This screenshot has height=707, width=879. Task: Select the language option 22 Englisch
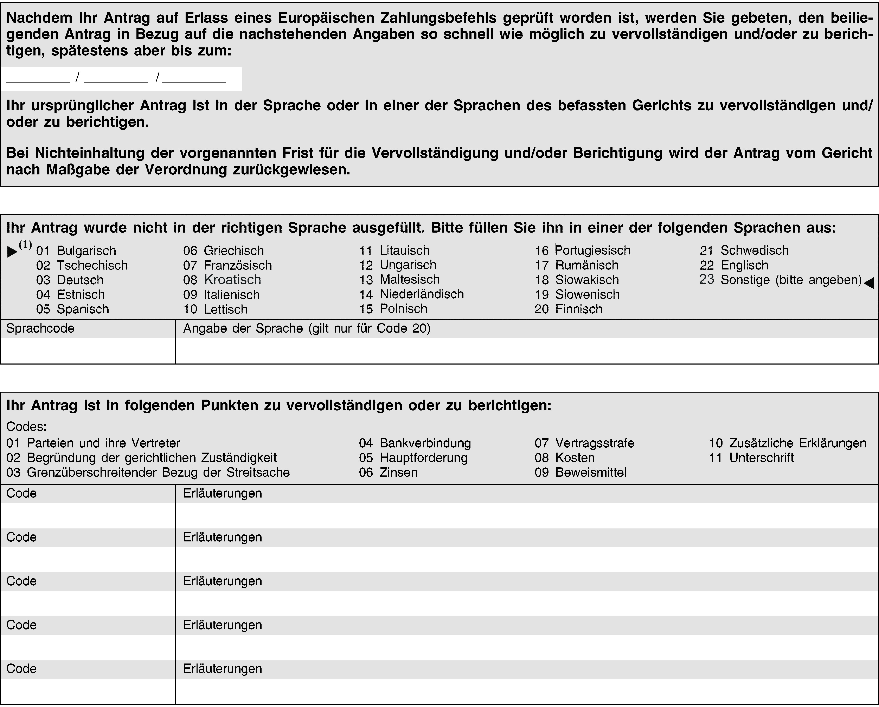(x=734, y=265)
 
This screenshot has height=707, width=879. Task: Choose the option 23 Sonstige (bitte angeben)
(x=780, y=280)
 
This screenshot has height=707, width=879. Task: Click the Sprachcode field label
(x=40, y=328)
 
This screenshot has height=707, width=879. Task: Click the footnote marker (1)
(x=25, y=245)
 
